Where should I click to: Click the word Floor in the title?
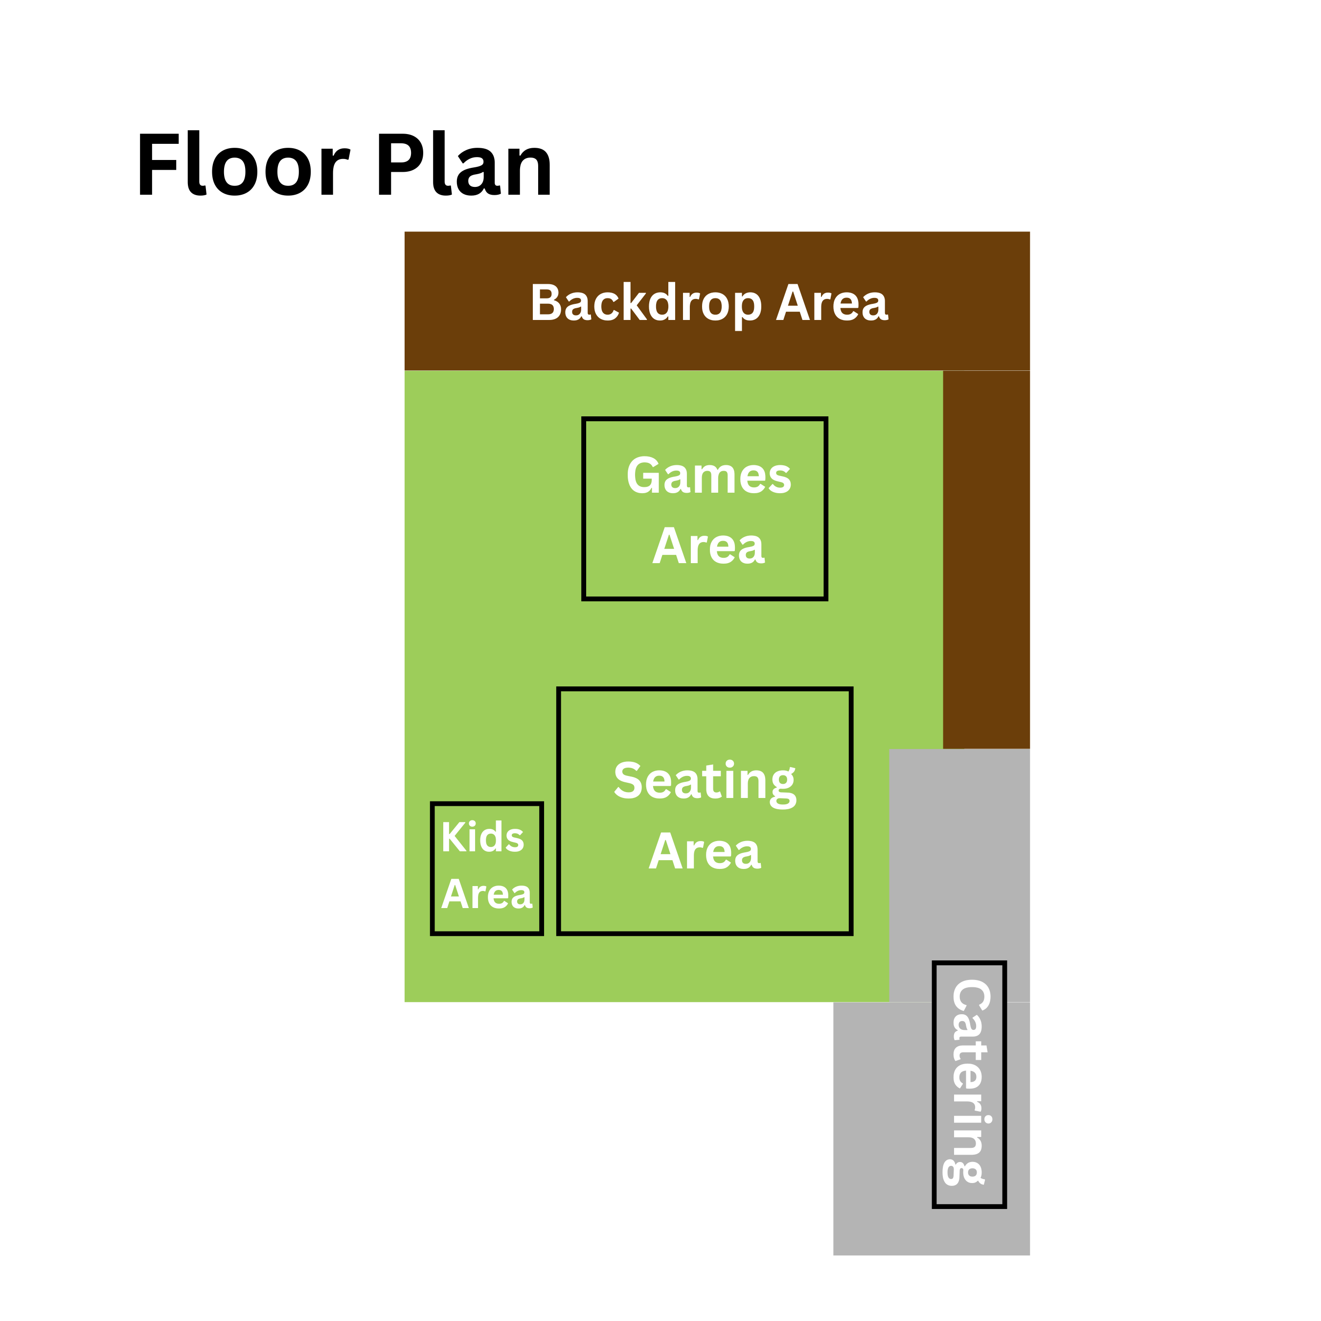tap(244, 163)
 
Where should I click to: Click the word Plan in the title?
tap(464, 163)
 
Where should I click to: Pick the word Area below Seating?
tap(705, 852)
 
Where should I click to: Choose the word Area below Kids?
tap(487, 894)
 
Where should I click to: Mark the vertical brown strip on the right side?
tap(986, 559)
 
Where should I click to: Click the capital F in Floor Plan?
tap(159, 163)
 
